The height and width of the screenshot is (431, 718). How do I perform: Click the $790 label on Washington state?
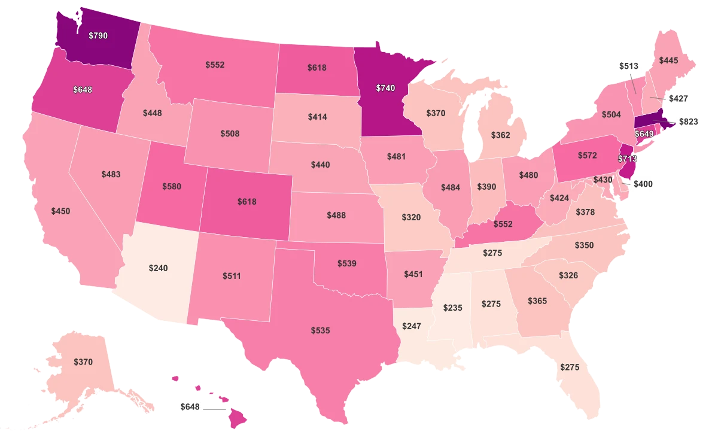click(x=98, y=36)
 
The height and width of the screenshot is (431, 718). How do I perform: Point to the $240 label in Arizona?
click(x=159, y=268)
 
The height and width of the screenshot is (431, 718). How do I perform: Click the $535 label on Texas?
click(x=320, y=330)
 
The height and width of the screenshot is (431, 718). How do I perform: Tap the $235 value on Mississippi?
click(x=453, y=307)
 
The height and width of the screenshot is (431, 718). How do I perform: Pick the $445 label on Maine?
click(x=668, y=60)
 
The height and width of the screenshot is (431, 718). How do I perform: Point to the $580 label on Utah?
click(x=172, y=186)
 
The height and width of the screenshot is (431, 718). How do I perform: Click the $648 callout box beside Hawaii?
click(x=190, y=406)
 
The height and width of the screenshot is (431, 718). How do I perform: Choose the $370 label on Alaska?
click(x=83, y=362)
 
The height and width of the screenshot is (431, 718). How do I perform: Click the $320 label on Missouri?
click(x=412, y=217)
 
